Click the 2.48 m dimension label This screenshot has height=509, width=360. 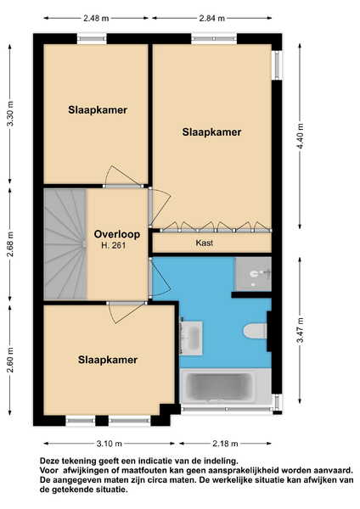[96, 18]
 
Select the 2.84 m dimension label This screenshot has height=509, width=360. [212, 18]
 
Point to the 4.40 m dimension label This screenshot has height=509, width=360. [300, 136]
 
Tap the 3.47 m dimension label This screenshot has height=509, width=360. [301, 330]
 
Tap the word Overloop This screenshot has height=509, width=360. [117, 234]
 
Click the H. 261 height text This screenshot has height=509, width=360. [114, 245]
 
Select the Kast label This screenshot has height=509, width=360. [205, 243]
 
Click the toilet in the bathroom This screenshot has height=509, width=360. [256, 331]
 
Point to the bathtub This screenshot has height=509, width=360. [226, 386]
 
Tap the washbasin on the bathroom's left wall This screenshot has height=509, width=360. [191, 338]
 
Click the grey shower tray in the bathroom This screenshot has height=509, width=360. [253, 274]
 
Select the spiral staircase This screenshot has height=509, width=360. [65, 244]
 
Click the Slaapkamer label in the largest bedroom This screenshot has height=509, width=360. [211, 132]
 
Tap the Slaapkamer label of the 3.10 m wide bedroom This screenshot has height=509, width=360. [108, 360]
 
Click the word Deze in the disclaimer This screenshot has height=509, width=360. [49, 461]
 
